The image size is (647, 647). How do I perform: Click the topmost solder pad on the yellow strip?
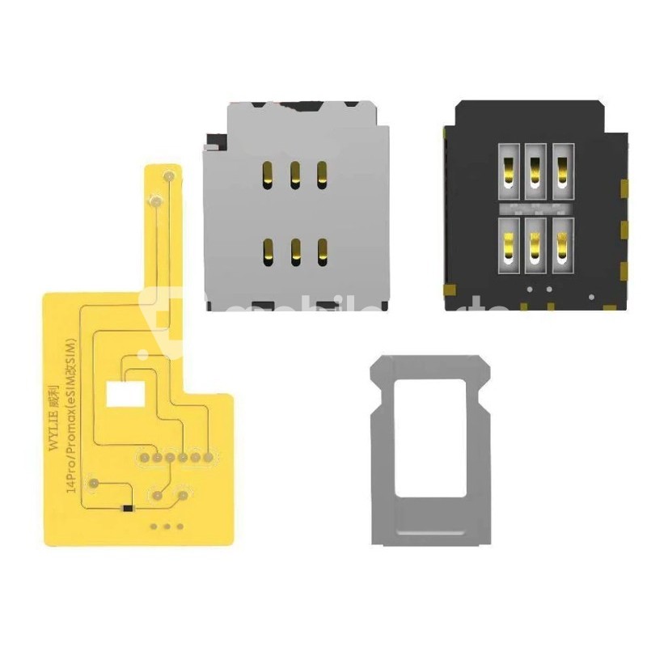click(x=169, y=176)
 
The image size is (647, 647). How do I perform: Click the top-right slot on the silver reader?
click(x=322, y=171)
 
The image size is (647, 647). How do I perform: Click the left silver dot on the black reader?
click(x=529, y=289)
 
